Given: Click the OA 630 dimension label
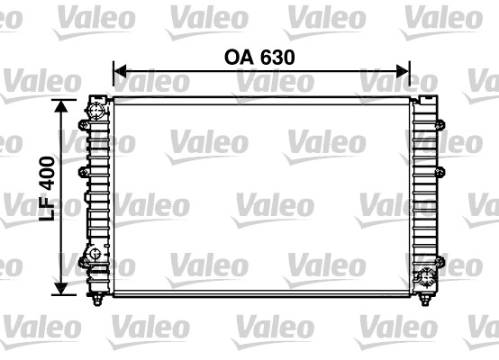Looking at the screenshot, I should pyautogui.click(x=259, y=56).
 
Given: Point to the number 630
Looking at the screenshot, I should pyautogui.click(x=277, y=56).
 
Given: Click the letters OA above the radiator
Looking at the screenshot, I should pyautogui.click(x=238, y=56).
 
